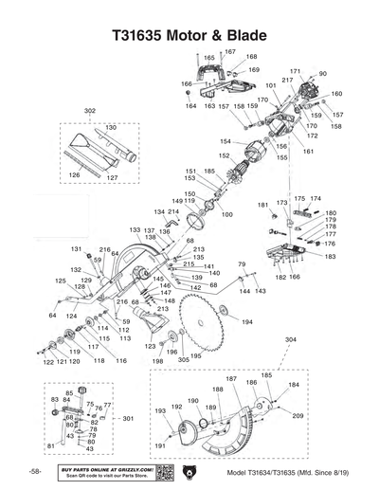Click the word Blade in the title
point(237,35)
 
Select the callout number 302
point(90,112)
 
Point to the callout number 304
point(290,339)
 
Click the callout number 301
point(129,418)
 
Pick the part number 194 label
point(246,322)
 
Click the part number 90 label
point(323,73)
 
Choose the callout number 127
point(112,177)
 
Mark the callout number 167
point(229,50)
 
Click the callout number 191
point(160,445)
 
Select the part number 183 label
point(330,257)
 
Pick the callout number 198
point(157,361)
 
